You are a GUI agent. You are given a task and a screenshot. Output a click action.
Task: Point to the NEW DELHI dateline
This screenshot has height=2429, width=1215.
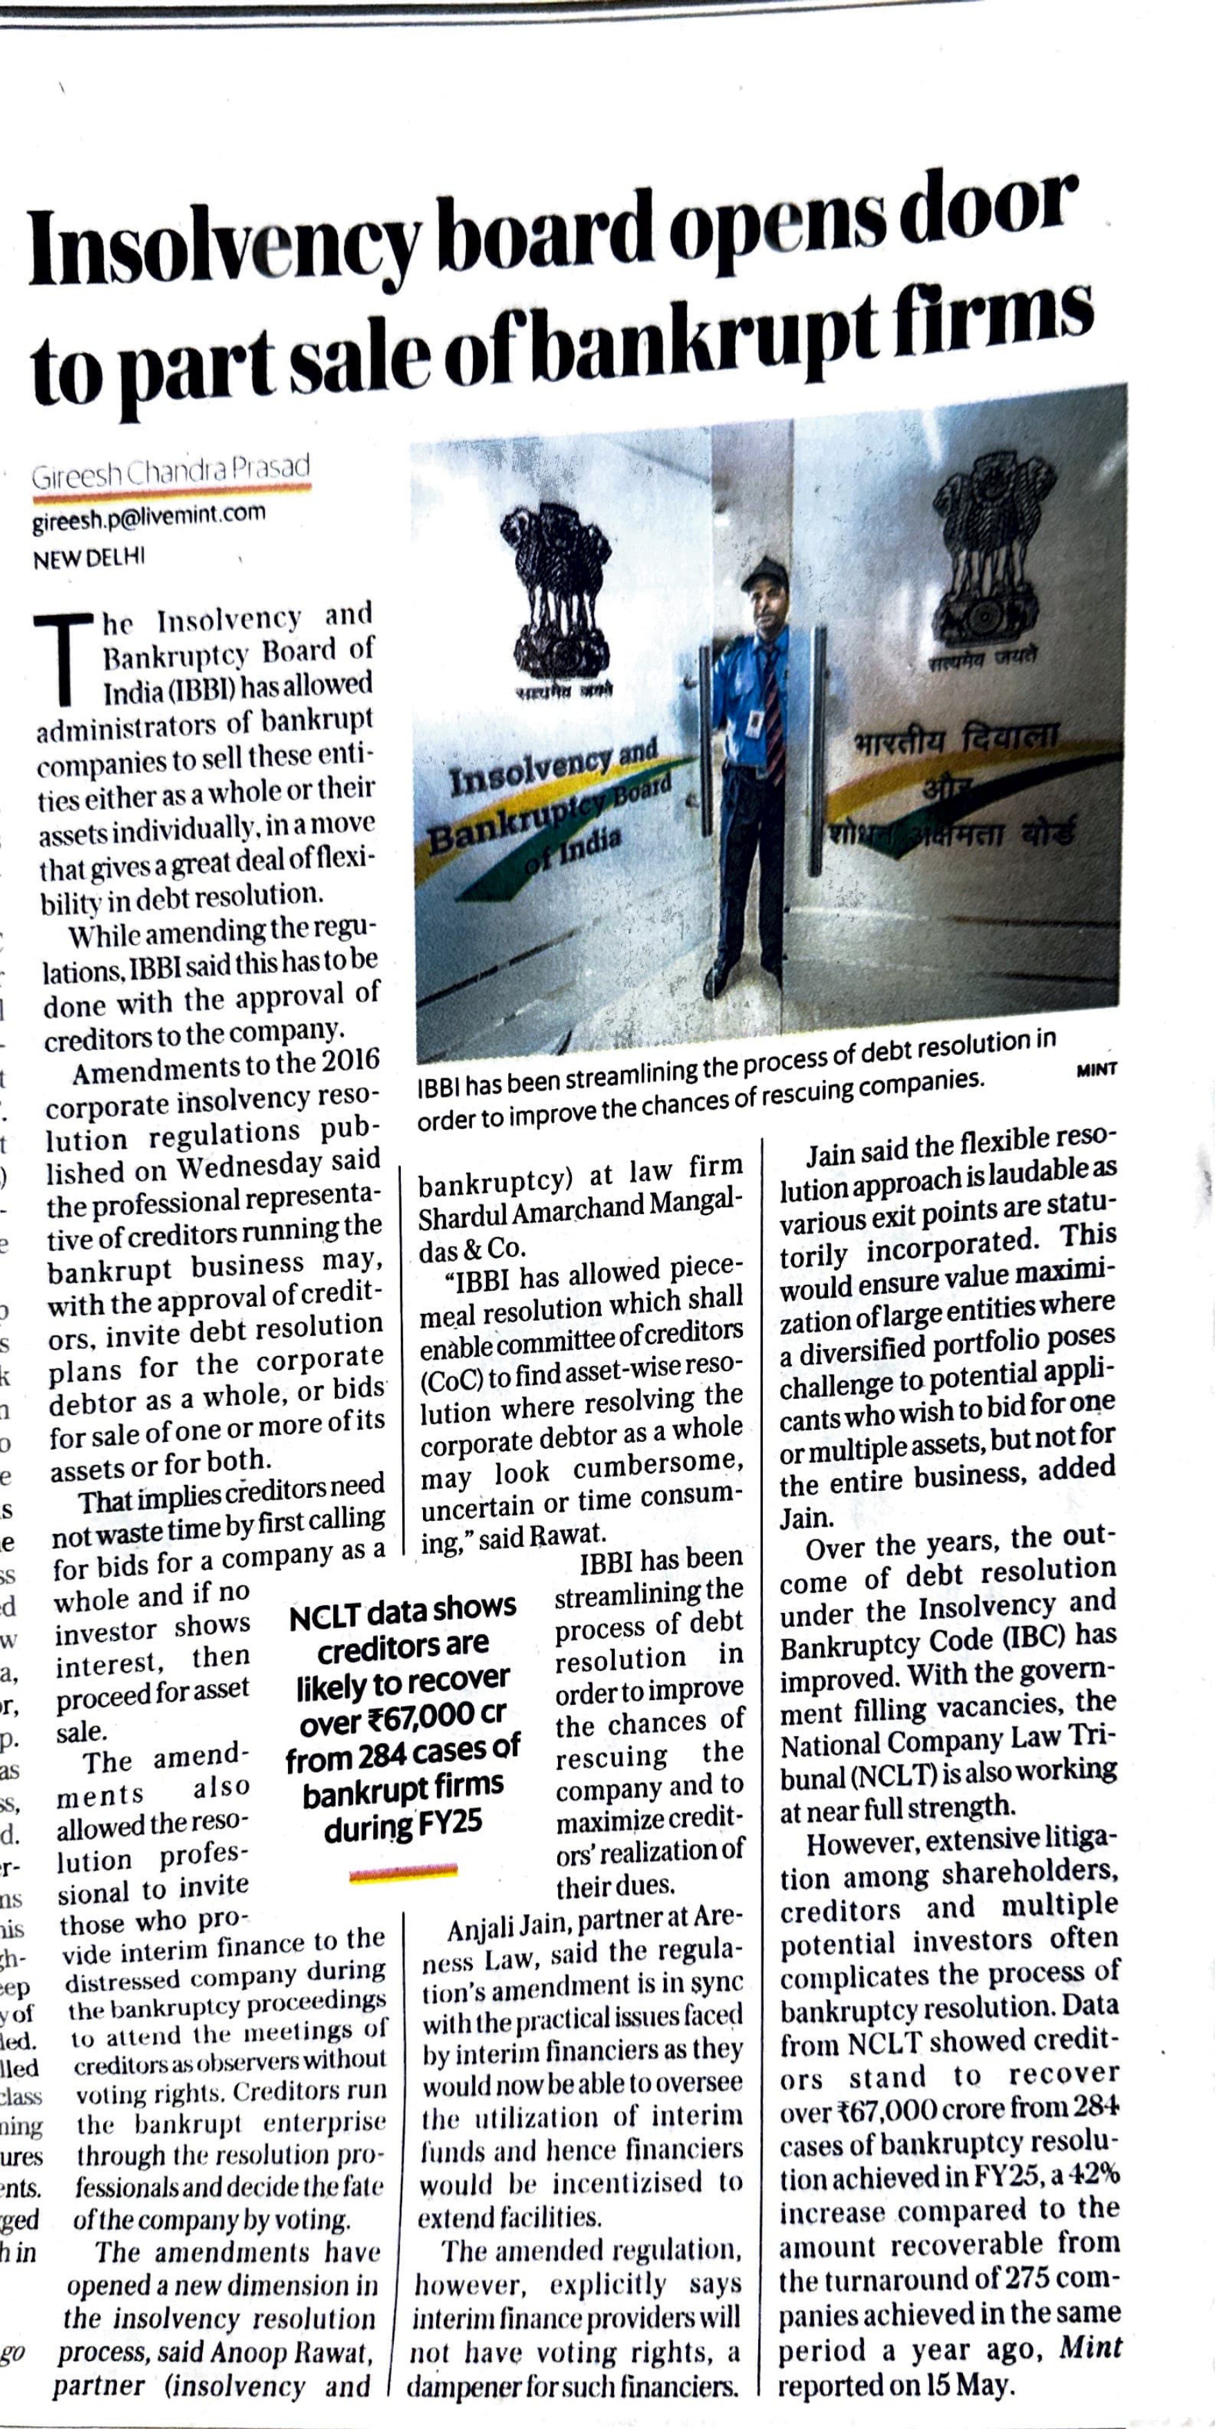pyautogui.click(x=89, y=557)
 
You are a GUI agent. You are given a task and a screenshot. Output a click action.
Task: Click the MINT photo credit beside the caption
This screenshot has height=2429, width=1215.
pyautogui.click(x=1096, y=1069)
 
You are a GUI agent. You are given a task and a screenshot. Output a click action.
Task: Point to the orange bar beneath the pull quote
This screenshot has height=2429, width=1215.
pyautogui.click(x=403, y=1872)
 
